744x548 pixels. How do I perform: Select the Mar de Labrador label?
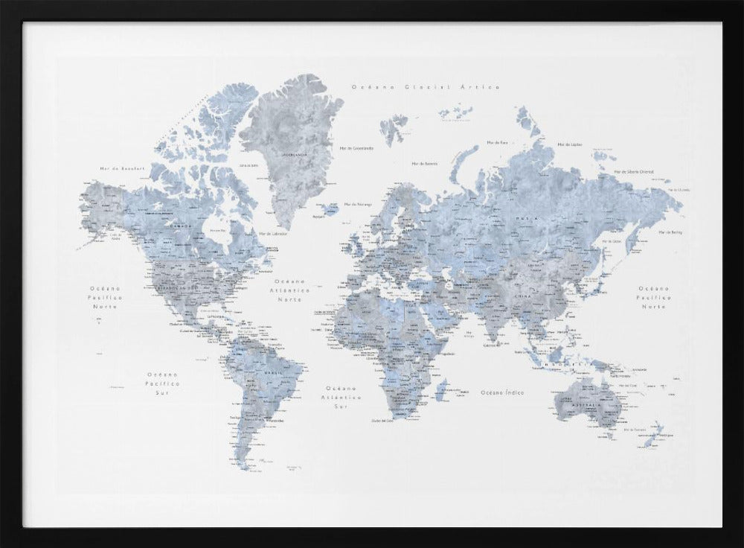273,233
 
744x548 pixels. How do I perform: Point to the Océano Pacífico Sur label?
163,383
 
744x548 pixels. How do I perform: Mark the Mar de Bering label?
671,232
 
